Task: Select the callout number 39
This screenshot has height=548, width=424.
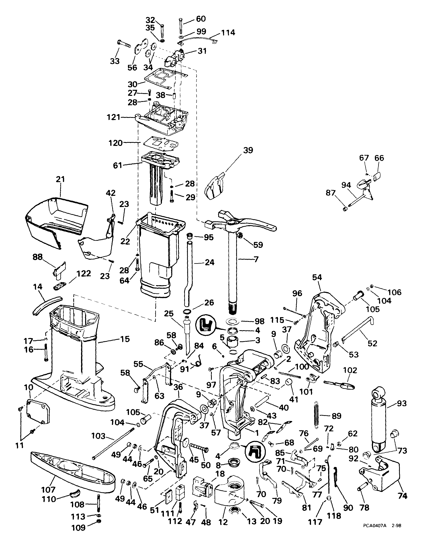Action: (248, 150)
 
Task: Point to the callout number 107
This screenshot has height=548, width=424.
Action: (48, 490)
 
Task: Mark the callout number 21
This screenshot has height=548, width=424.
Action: (60, 179)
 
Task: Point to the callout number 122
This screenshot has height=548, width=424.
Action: (84, 274)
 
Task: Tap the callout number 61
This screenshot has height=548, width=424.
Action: (117, 165)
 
